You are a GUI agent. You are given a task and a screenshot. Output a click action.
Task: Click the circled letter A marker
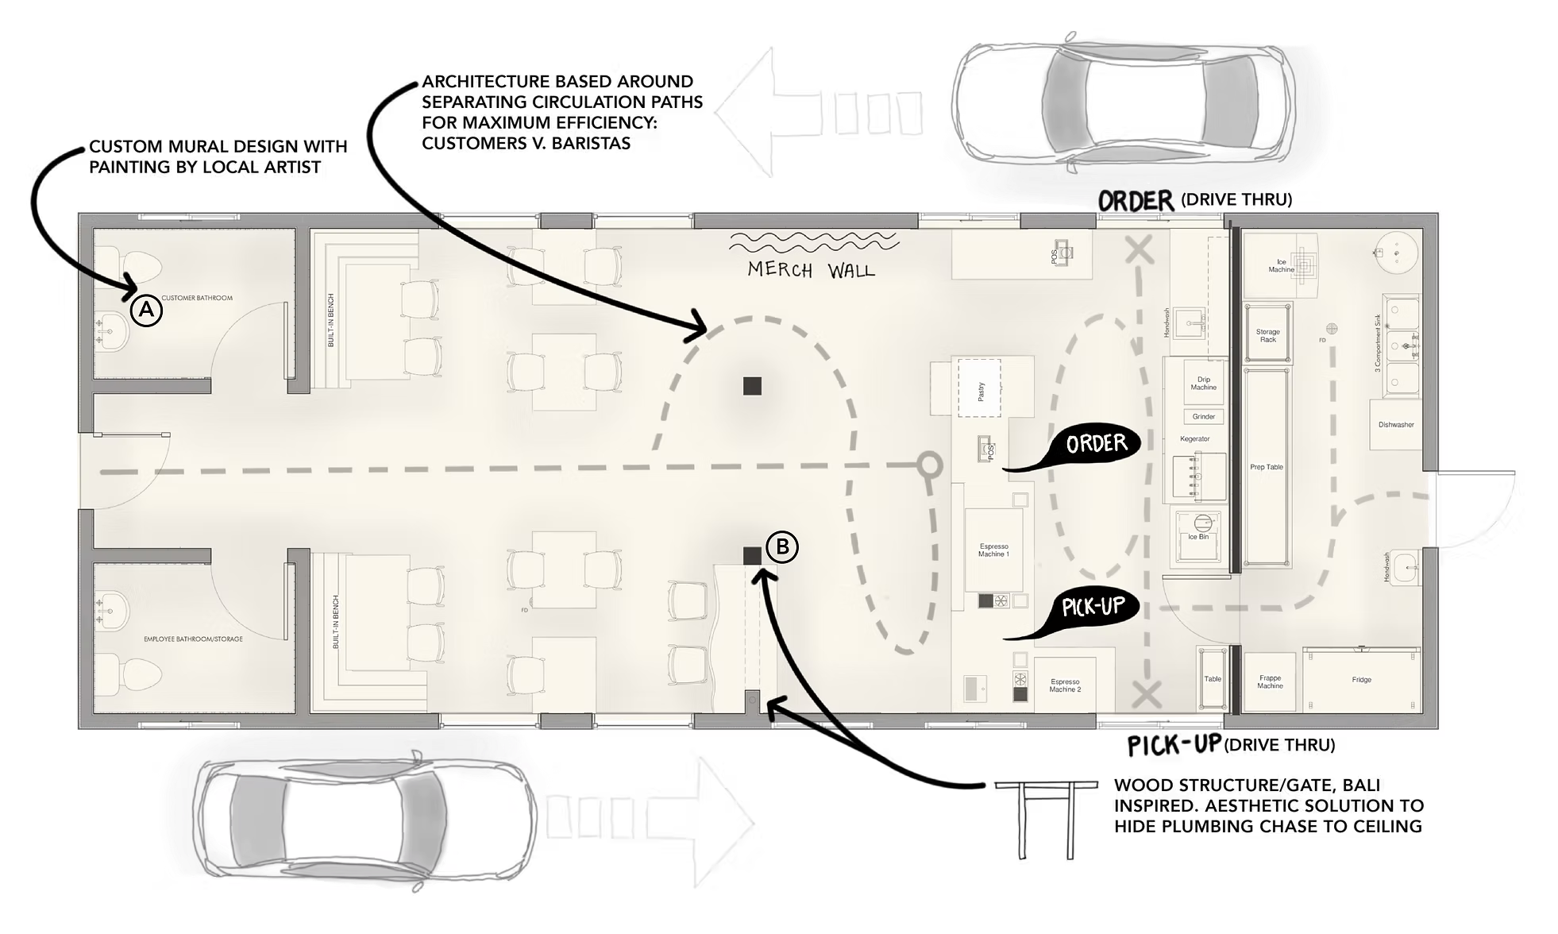[x=145, y=311]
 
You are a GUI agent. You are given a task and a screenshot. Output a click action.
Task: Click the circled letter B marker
[x=782, y=546]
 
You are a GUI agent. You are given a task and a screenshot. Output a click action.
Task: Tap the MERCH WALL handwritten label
[x=811, y=270]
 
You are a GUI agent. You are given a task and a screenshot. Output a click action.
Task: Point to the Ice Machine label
[x=1281, y=265]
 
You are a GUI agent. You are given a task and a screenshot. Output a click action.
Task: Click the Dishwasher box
[x=1396, y=425]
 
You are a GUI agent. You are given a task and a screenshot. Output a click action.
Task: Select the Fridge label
[x=1361, y=680]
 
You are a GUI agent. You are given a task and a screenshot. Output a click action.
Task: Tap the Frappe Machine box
[x=1270, y=681]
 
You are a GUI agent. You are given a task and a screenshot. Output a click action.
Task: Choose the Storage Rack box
[x=1267, y=335]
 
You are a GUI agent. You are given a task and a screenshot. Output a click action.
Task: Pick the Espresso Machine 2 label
[x=1065, y=685]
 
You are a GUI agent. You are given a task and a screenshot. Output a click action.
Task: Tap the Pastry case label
[x=982, y=391]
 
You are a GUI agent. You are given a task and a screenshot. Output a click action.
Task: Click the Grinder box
[x=1203, y=416]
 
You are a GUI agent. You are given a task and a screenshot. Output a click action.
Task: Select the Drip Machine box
[x=1203, y=384]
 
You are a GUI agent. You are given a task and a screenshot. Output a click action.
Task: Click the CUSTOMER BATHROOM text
[x=197, y=298]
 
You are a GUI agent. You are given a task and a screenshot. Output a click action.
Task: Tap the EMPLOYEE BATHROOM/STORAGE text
[x=193, y=639]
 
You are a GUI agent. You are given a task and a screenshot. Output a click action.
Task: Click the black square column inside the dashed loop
[x=753, y=386]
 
